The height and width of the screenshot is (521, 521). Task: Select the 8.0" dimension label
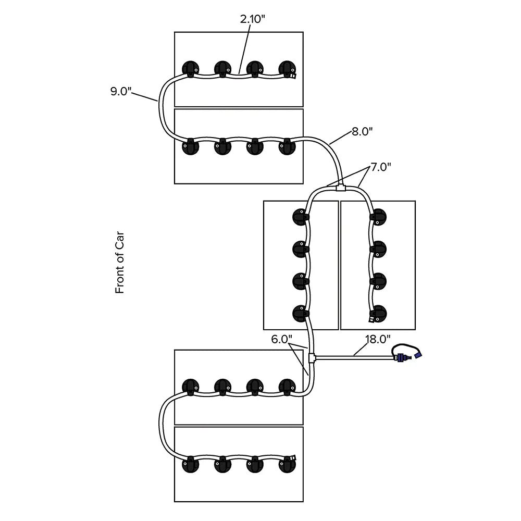click(x=363, y=132)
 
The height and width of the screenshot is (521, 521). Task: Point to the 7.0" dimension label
click(x=380, y=168)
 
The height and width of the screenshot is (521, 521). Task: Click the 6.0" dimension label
click(x=281, y=339)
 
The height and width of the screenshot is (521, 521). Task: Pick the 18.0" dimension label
click(x=378, y=339)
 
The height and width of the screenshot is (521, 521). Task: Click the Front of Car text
click(x=120, y=263)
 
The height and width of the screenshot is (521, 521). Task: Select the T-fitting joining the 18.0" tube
click(x=312, y=358)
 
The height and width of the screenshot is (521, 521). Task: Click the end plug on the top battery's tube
click(x=293, y=76)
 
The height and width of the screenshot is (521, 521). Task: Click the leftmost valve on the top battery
click(x=190, y=68)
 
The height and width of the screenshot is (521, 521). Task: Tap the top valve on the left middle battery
click(x=301, y=216)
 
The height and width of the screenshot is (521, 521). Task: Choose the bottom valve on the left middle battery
click(x=301, y=313)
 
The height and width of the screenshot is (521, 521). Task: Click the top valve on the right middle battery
click(x=378, y=216)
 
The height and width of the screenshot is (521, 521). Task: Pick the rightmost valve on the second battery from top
click(x=287, y=147)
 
